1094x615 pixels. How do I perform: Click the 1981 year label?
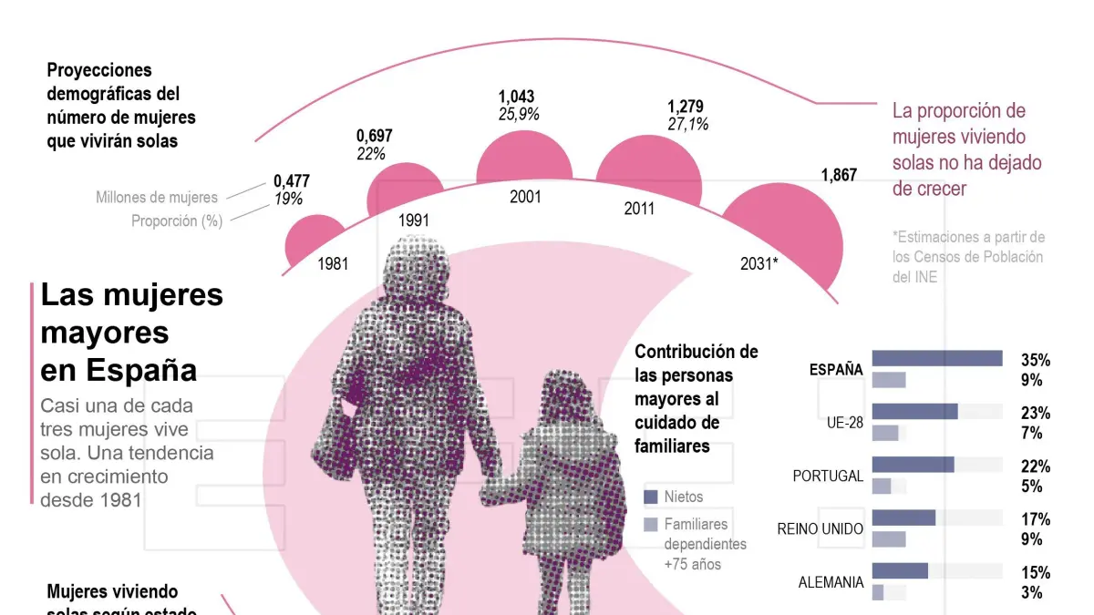[x=333, y=265]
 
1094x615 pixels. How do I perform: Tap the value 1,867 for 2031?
[x=839, y=176]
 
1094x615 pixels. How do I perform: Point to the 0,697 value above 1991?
[x=375, y=137]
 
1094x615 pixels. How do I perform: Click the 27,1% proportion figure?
[x=687, y=124]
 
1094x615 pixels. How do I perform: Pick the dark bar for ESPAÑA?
[x=937, y=358]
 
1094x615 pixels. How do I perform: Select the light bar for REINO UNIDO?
[x=889, y=538]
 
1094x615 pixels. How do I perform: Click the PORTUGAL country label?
[x=828, y=476]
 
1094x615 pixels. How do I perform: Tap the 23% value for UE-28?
[x=1036, y=412]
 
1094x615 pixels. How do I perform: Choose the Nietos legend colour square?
[x=650, y=497]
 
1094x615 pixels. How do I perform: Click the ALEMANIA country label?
[x=831, y=582]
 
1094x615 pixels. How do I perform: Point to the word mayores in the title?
[x=105, y=333]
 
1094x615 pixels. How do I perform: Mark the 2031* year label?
[x=759, y=263]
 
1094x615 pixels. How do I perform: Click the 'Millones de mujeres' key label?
[x=157, y=197]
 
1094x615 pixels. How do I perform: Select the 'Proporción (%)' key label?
[x=177, y=220]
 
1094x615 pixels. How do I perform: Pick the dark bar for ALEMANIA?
[x=900, y=571]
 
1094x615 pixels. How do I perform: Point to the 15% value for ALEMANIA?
[x=1036, y=573]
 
